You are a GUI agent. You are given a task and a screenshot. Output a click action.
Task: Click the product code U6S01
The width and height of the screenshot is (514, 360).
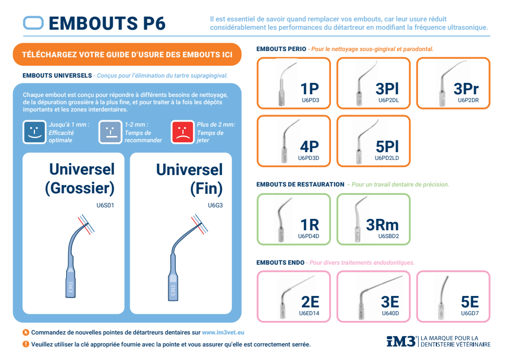coord(105,205)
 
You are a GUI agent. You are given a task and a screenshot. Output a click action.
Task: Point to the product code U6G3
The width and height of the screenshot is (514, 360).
coord(215,205)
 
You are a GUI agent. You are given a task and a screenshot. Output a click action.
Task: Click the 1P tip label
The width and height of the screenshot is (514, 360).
coord(310,88)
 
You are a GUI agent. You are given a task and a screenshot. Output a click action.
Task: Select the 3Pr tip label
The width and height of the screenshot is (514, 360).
coord(466,88)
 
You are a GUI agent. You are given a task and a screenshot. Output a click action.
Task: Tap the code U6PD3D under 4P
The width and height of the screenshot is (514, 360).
coord(309,157)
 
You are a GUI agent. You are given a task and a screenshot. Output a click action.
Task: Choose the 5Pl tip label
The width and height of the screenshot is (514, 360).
coord(387,146)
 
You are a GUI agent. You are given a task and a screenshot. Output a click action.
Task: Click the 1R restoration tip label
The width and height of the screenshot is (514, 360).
coord(310,225)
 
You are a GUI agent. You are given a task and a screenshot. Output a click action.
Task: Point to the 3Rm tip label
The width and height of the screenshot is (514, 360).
coord(382,225)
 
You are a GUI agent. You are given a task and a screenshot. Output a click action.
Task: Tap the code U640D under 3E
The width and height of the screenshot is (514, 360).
coord(390,314)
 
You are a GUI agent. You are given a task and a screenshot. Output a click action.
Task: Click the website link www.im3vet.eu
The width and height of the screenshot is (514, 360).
coord(223,332)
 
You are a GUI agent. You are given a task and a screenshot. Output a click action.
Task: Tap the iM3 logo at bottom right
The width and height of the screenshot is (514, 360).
coord(401,341)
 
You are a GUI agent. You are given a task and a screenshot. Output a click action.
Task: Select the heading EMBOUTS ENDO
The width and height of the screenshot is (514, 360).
coord(280,263)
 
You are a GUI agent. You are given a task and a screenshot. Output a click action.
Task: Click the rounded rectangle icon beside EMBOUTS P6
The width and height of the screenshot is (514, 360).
coord(33,22)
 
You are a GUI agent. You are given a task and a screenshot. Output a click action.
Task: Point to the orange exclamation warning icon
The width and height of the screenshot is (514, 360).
coord(26,344)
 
